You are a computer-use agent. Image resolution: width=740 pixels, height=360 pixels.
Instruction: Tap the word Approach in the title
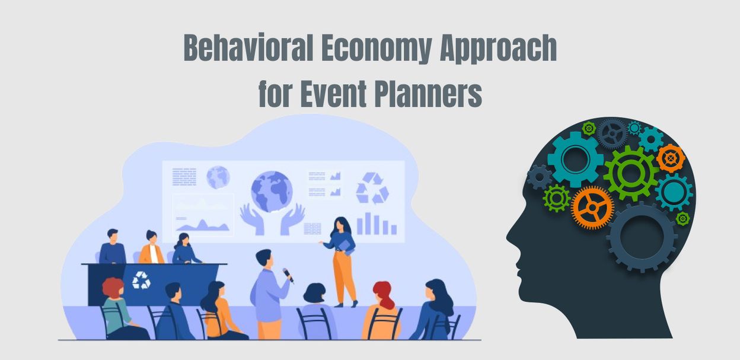(x=498, y=49)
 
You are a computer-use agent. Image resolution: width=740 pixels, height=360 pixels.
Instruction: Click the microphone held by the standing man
(x=288, y=276)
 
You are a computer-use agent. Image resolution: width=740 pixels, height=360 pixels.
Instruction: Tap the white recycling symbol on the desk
(x=141, y=280)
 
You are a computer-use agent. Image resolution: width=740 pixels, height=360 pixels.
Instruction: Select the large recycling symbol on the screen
(x=372, y=188)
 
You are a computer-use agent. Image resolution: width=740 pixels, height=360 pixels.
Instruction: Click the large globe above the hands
(x=272, y=192)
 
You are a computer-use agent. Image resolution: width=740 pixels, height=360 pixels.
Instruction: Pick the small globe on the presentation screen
(x=218, y=177)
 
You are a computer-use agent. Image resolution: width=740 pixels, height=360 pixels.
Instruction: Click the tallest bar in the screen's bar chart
(x=368, y=223)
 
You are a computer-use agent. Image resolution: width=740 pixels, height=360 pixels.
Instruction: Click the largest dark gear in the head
(x=642, y=237)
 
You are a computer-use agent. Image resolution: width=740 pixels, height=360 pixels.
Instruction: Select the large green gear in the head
(x=631, y=173)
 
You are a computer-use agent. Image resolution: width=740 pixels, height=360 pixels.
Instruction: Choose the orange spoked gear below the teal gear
(x=592, y=208)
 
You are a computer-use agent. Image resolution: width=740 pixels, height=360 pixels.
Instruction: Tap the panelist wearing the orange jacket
(x=151, y=247)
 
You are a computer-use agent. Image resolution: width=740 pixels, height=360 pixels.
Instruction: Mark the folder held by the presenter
(x=347, y=246)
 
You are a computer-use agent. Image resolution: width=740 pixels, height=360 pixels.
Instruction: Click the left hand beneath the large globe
(x=252, y=219)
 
